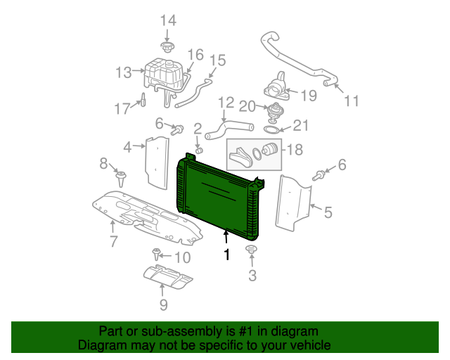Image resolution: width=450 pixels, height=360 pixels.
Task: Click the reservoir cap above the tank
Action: (167, 48)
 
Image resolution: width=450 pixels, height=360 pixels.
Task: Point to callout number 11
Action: (352, 101)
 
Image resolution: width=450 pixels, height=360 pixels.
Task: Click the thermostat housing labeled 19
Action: (276, 89)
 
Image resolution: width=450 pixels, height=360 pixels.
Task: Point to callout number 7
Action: (113, 243)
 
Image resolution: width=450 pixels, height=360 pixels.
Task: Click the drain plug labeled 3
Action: (251, 250)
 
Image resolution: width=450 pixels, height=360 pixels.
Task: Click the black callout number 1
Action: (226, 255)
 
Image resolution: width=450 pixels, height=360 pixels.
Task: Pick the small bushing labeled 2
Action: (199, 150)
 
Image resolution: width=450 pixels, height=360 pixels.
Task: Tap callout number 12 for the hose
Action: (225, 103)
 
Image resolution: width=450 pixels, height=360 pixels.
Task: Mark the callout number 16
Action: (195, 54)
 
